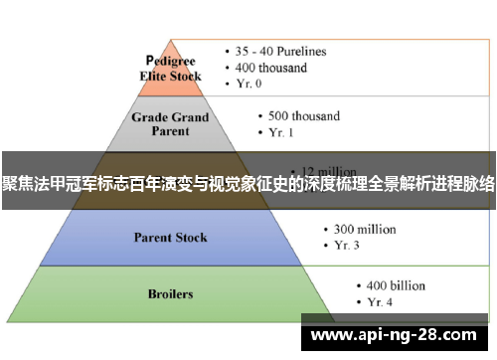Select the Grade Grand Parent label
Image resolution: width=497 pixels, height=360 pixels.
click(172, 122)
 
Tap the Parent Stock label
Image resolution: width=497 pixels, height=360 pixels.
click(172, 238)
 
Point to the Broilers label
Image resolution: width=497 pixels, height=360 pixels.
click(170, 294)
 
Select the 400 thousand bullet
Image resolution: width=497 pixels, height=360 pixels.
click(269, 68)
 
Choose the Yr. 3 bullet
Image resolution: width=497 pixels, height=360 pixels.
click(343, 246)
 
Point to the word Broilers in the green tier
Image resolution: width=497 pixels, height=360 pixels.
click(170, 294)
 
